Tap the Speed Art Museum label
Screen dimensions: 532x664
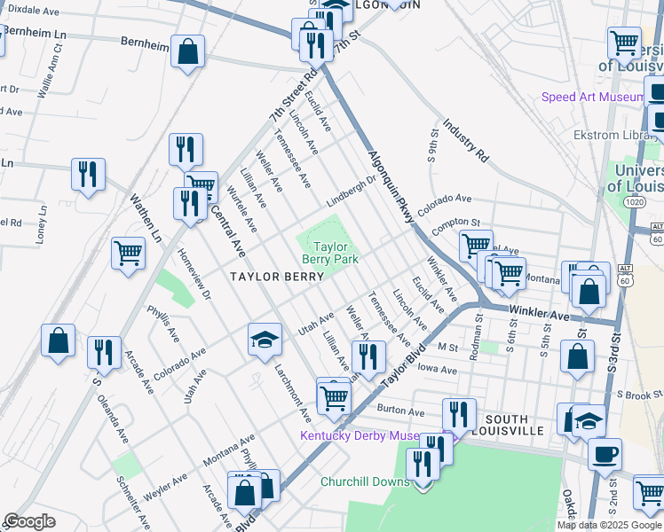click(x=593, y=97)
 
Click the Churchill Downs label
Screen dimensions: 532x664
click(x=366, y=482)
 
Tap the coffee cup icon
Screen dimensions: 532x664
click(x=605, y=454)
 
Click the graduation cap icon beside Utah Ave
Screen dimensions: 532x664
click(x=265, y=340)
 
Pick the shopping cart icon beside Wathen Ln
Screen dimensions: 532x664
click(x=129, y=253)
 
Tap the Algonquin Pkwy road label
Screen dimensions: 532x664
click(x=391, y=187)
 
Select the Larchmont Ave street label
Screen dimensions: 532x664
click(x=292, y=390)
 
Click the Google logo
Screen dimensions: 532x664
click(x=29, y=522)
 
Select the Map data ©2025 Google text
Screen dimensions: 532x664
click(x=610, y=525)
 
